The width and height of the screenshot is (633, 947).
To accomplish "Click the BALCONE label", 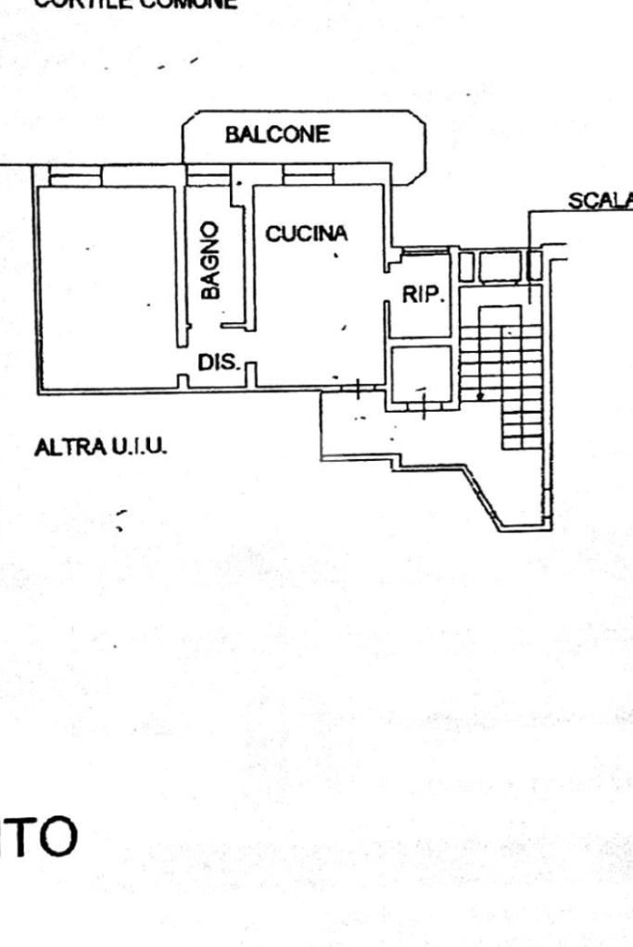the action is point(276,135).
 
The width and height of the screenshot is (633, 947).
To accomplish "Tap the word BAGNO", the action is point(211,260).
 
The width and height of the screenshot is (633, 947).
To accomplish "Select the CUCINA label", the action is point(306,234).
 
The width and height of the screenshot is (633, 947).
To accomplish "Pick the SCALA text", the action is point(601,202).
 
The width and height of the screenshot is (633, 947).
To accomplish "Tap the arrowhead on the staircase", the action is point(479,395).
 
